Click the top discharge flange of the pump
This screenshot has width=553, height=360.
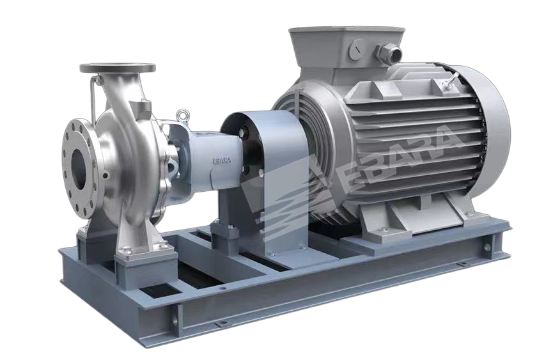click(118, 67)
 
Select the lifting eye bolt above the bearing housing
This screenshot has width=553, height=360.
click(182, 114)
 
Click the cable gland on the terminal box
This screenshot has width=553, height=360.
click(391, 52)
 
